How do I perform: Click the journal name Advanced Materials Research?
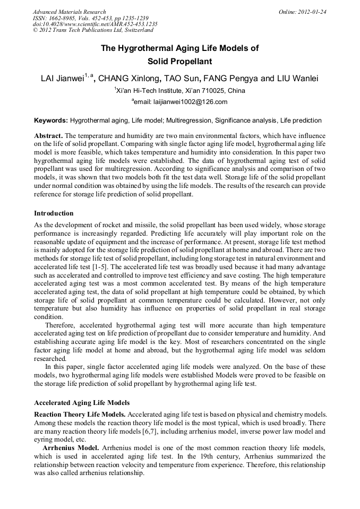pyautogui.click(x=70, y=12)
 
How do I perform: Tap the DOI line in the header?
pyautogui.click(x=95, y=24)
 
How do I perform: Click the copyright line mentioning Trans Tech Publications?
pyautogui.click(x=93, y=31)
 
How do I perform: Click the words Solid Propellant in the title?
pyautogui.click(x=179, y=62)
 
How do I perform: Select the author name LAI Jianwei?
pyautogui.click(x=62, y=79)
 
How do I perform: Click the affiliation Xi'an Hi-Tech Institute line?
pyautogui.click(x=180, y=91)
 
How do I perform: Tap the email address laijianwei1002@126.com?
pyautogui.click(x=182, y=102)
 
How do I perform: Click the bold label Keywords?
pyautogui.click(x=51, y=121)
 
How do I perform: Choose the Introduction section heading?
pyautogui.click(x=54, y=213)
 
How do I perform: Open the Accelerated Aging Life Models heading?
pyautogui.click(x=82, y=403)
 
